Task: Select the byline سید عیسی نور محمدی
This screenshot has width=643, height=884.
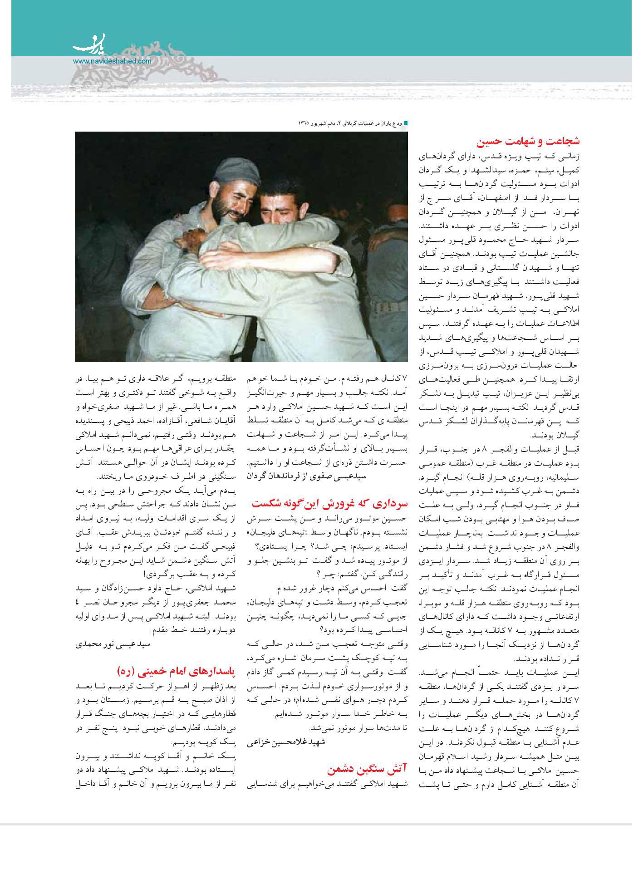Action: pos(113,644)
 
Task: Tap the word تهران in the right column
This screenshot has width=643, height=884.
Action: pos(568,212)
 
